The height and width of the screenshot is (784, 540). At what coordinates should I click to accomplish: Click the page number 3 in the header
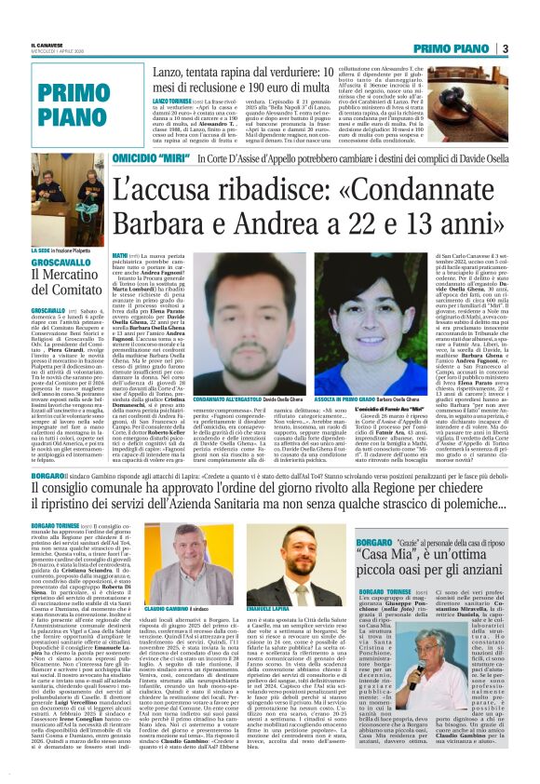tap(531, 47)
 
